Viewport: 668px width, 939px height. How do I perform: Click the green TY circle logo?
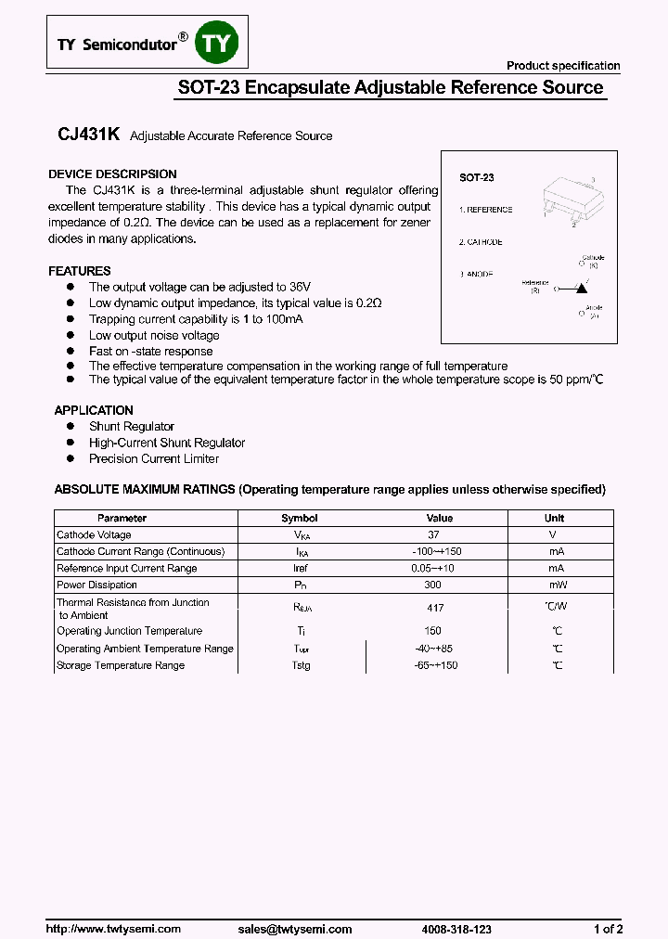point(221,44)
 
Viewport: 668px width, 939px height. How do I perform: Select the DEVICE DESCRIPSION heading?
point(112,174)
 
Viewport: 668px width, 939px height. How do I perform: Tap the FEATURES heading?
point(80,271)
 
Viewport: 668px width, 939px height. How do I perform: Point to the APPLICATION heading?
point(94,410)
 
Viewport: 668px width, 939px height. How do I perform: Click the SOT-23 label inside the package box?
point(477,177)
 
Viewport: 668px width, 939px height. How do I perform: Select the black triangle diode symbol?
point(582,289)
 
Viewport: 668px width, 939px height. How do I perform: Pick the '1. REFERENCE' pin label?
point(486,210)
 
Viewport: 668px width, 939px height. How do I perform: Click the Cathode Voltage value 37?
point(434,535)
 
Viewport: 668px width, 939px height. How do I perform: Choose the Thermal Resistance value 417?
point(434,609)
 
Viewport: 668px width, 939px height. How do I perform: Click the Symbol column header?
point(300,518)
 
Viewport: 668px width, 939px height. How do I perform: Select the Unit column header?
point(555,518)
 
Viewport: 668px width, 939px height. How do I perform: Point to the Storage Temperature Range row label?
point(121,665)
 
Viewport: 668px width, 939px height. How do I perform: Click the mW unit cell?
point(556,585)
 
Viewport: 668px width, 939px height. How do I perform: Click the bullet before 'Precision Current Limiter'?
point(70,458)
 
